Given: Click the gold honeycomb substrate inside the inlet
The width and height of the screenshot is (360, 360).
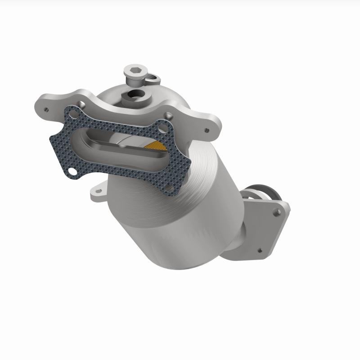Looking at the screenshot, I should click(158, 145).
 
